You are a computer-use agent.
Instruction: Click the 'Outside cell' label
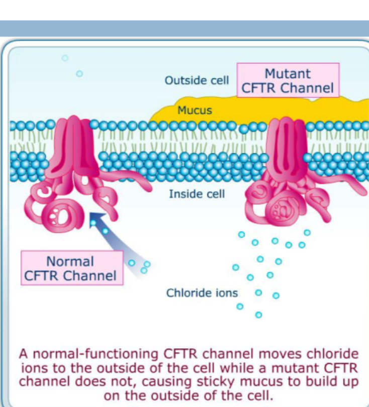pos(197,80)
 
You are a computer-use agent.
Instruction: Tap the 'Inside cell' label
pos(197,193)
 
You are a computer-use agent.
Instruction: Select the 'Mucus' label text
pos(195,110)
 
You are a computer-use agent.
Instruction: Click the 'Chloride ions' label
pos(202,293)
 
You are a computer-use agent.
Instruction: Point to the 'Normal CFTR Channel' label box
pos(71,268)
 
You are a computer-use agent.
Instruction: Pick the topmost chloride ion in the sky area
pos(65,58)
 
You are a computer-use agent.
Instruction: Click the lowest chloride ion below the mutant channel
pos(258,315)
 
